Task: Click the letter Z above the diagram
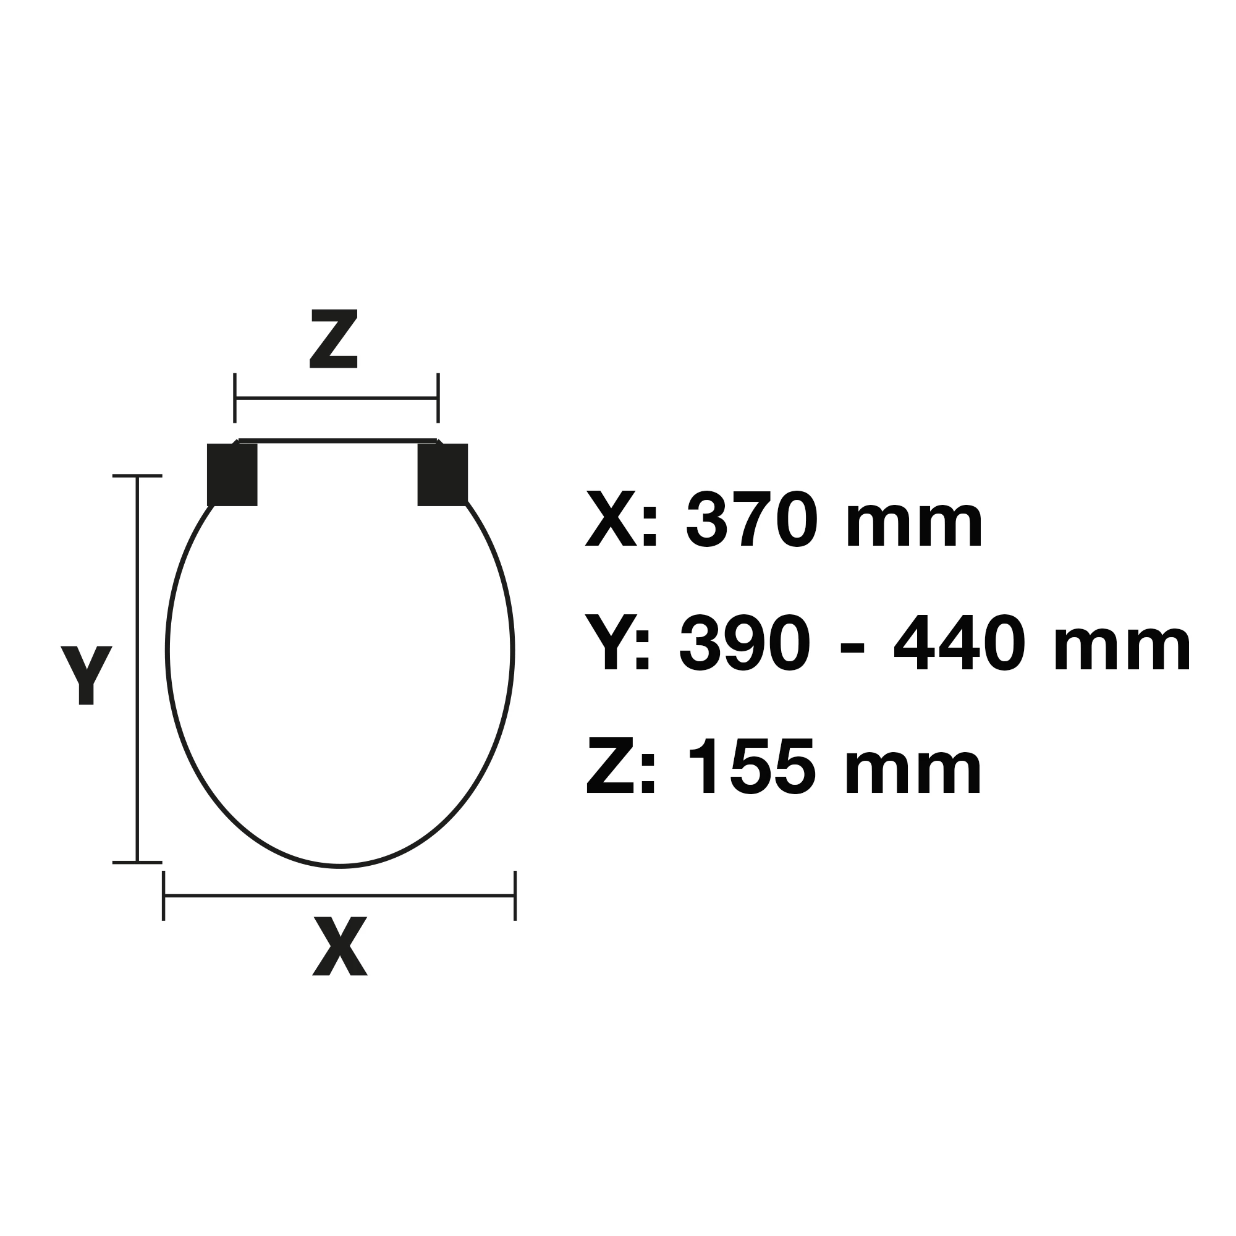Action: [x=333, y=339]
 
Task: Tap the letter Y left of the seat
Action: [x=87, y=675]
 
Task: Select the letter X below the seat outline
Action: [x=340, y=946]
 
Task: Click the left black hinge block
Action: [x=232, y=474]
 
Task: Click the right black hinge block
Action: [x=442, y=474]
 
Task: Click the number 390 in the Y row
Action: [x=745, y=643]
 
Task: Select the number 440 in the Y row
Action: [x=960, y=643]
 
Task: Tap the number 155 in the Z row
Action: [x=751, y=766]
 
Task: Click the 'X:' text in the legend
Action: [x=621, y=519]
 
